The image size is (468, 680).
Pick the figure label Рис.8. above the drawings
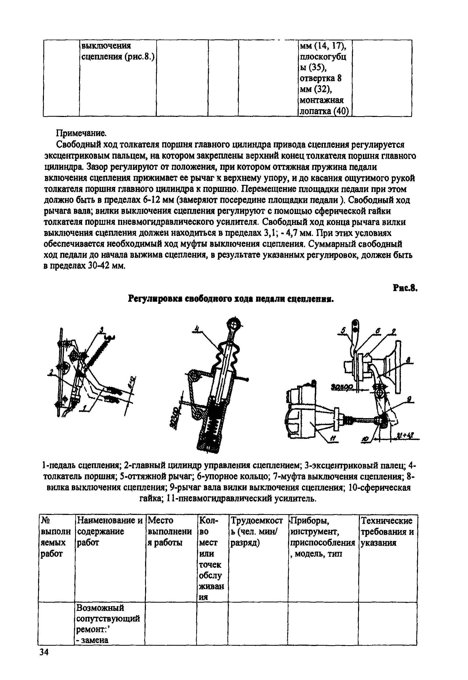point(405,288)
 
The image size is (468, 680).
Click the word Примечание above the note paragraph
point(81,133)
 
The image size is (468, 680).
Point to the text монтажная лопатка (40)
point(324,106)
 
